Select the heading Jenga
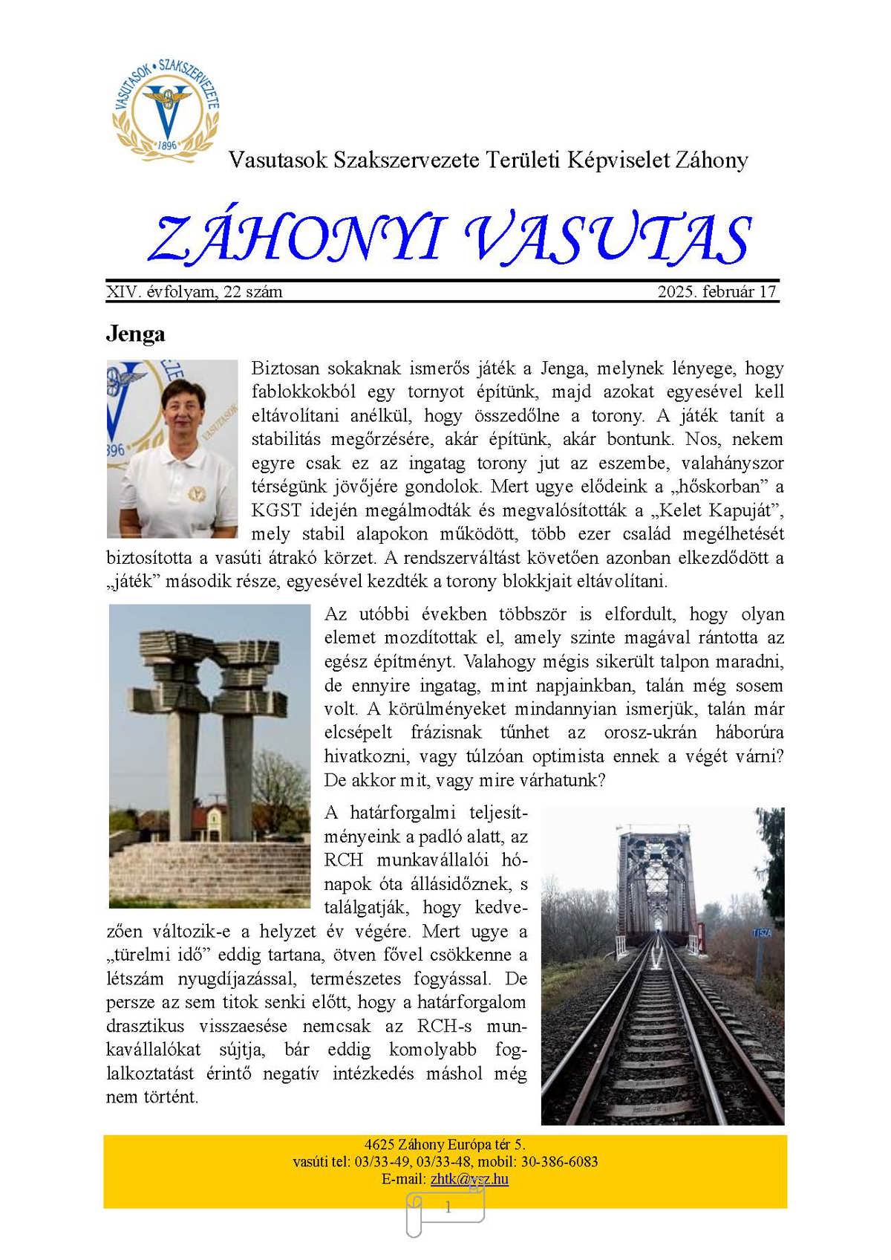tap(135, 334)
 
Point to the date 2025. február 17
tap(717, 291)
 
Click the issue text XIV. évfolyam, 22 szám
tap(194, 291)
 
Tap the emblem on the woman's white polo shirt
tap(196, 492)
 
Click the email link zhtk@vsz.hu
tap(469, 1179)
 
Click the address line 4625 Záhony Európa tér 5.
tap(445, 1145)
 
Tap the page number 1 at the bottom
tap(448, 1208)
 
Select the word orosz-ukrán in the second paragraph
tap(650, 732)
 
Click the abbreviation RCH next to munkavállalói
tap(343, 860)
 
